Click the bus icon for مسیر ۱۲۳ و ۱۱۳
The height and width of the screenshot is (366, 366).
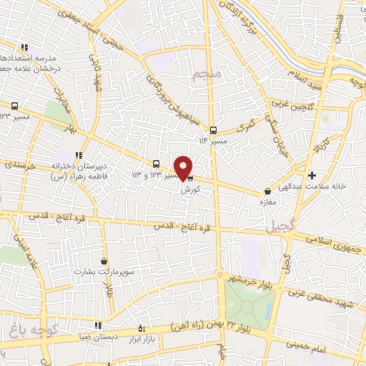pyautogui.click(x=157, y=164)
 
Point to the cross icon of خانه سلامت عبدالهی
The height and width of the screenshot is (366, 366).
pyautogui.click(x=312, y=175)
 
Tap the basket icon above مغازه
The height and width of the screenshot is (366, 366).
pyautogui.click(x=267, y=192)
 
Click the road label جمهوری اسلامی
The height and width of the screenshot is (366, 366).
pyautogui.click(x=335, y=244)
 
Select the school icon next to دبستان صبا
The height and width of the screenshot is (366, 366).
pyautogui.click(x=97, y=326)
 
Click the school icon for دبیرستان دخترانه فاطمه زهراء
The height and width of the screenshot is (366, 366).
pyautogui.click(x=79, y=155)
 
